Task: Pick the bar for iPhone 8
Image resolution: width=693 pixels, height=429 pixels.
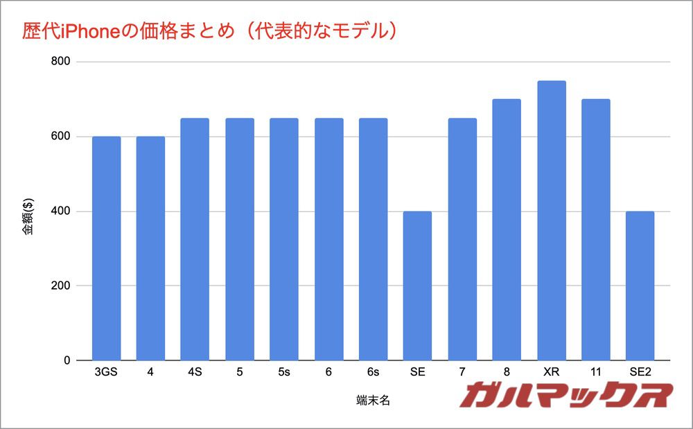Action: click(x=507, y=229)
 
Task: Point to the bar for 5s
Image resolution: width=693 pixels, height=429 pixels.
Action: click(x=284, y=239)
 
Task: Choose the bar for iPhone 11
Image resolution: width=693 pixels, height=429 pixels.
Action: click(x=596, y=229)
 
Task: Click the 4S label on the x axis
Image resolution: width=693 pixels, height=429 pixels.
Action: click(x=195, y=373)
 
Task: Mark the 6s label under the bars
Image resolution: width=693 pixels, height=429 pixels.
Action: click(x=373, y=373)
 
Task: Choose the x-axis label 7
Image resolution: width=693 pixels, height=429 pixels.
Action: click(x=462, y=373)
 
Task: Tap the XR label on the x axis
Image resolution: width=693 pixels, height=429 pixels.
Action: click(x=552, y=373)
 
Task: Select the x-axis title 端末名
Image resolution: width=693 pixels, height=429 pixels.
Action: click(x=372, y=400)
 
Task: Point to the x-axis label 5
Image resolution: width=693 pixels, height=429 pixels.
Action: click(x=240, y=373)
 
